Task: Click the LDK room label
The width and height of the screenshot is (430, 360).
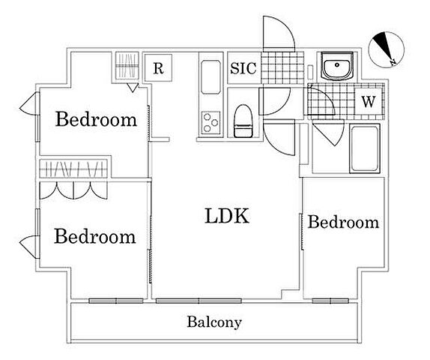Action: point(227,216)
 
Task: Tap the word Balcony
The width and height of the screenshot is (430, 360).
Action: point(214,322)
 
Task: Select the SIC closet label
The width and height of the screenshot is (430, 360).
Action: point(243,68)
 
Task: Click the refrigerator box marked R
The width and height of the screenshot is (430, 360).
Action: point(158,67)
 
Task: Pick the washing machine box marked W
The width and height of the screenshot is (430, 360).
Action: point(368,102)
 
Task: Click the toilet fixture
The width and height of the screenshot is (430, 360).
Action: point(243,121)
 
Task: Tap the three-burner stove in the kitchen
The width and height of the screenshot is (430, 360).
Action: point(211,123)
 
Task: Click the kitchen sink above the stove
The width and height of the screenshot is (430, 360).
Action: point(211,77)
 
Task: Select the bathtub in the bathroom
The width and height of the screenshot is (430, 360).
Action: point(365,148)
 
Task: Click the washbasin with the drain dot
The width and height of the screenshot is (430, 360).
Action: point(337,66)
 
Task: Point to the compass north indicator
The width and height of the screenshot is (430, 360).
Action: point(386,49)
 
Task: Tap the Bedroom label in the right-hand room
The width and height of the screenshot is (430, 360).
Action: point(343,222)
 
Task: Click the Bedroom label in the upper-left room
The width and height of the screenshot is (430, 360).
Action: point(96,119)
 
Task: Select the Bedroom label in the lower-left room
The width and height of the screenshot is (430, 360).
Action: point(95,236)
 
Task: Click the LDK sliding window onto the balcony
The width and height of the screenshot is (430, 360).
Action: point(199,301)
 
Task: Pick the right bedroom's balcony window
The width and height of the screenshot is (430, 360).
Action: point(330,301)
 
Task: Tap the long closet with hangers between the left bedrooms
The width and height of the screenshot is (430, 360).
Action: point(73,168)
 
